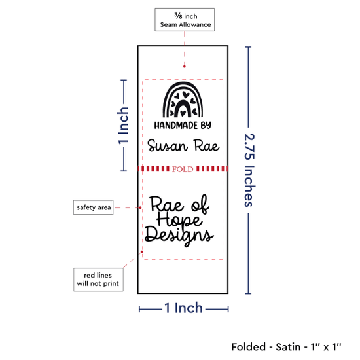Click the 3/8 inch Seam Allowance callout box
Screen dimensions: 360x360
pyautogui.click(x=185, y=20)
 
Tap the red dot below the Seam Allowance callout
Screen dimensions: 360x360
pyautogui.click(x=185, y=67)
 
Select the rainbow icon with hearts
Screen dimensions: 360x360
pyautogui.click(x=183, y=99)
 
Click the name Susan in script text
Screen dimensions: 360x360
pyautogui.click(x=168, y=145)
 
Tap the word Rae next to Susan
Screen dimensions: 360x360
pyautogui.click(x=207, y=145)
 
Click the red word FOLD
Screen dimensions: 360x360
pyautogui.click(x=183, y=169)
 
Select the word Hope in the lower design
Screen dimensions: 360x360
pyautogui.click(x=179, y=220)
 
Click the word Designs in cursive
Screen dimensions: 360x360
pyautogui.click(x=179, y=236)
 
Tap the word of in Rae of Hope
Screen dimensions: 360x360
pyautogui.click(x=200, y=204)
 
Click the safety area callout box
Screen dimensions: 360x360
pyautogui.click(x=93, y=207)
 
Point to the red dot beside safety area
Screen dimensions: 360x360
pyautogui.click(x=140, y=207)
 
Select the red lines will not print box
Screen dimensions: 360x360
pyautogui.click(x=98, y=279)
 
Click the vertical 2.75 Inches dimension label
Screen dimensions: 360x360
pyautogui.click(x=249, y=170)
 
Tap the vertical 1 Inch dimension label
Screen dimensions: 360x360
pyautogui.click(x=123, y=126)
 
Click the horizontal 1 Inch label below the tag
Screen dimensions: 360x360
pyautogui.click(x=183, y=308)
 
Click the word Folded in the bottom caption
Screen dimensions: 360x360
pyautogui.click(x=249, y=347)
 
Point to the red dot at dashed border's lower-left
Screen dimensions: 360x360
pyautogui.click(x=142, y=251)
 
